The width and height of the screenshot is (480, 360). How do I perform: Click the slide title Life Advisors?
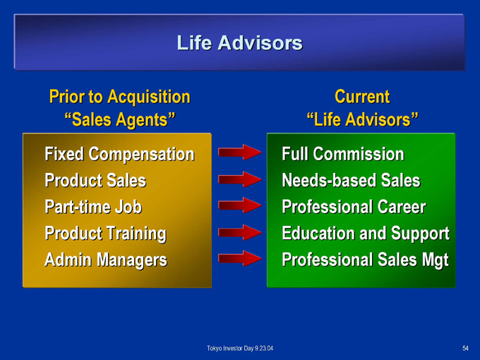pyautogui.click(x=240, y=42)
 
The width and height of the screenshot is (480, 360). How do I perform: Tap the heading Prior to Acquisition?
pyautogui.click(x=120, y=97)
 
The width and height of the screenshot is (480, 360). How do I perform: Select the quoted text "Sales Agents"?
pyautogui.click(x=120, y=119)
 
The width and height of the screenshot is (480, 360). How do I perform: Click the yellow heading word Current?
pyautogui.click(x=362, y=97)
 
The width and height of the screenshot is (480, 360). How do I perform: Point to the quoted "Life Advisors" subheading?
pyautogui.click(x=362, y=119)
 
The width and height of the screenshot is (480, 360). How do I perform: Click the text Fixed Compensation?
pyautogui.click(x=119, y=154)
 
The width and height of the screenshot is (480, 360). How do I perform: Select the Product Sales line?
pyautogui.click(x=95, y=180)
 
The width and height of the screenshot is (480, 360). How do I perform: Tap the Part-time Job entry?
pyautogui.click(x=93, y=207)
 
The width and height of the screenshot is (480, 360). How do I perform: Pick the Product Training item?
pyautogui.click(x=106, y=234)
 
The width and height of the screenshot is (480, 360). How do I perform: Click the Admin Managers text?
pyautogui.click(x=106, y=260)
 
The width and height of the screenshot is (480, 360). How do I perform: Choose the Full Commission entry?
pyautogui.click(x=343, y=154)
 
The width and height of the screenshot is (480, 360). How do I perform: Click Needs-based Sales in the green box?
pyautogui.click(x=351, y=180)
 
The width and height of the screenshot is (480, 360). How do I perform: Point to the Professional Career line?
pyautogui.click(x=354, y=207)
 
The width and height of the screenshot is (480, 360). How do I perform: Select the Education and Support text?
pyautogui.click(x=366, y=234)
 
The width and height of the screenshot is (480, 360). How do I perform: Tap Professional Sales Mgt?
pyautogui.click(x=365, y=260)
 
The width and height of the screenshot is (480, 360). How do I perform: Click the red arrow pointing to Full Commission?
pyautogui.click(x=239, y=152)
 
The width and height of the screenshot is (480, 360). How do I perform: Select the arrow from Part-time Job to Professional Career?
pyautogui.click(x=239, y=205)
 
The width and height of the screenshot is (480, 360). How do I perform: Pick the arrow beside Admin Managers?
pyautogui.click(x=239, y=258)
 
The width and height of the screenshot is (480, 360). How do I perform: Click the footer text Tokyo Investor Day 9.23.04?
pyautogui.click(x=240, y=349)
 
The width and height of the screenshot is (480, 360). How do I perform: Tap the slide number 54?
pyautogui.click(x=465, y=349)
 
